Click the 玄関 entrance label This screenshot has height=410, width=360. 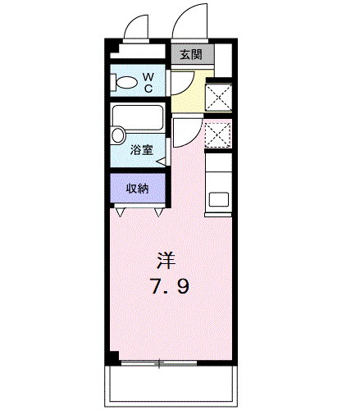(191, 55)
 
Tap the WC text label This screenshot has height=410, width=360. (149, 81)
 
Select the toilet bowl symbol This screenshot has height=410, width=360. (126, 83)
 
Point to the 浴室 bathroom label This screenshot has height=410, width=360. (141, 150)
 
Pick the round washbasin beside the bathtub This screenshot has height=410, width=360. (118, 135)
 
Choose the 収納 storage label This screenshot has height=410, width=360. (137, 189)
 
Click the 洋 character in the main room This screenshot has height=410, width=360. (166, 262)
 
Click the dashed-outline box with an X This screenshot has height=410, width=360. (218, 134)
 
